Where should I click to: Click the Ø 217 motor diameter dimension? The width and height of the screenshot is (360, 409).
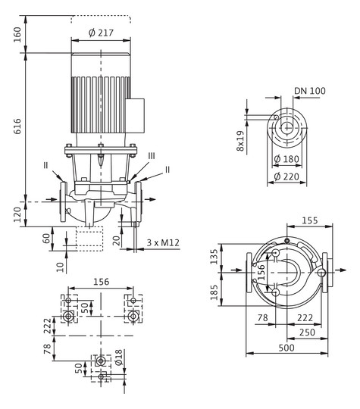(101, 33)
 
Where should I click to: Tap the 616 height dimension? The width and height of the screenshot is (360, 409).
(17, 126)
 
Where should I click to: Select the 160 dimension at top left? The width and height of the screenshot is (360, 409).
(17, 34)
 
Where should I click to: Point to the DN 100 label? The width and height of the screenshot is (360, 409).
(310, 91)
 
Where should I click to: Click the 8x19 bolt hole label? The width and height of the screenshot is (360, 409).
(240, 141)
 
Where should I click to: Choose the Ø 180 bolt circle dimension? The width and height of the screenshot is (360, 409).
(286, 159)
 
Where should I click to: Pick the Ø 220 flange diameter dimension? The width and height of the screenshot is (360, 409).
(286, 176)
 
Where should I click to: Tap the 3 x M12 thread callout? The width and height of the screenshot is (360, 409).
(163, 242)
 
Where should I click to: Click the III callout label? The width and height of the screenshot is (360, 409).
(152, 156)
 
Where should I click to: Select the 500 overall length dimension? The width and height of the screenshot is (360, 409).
(286, 348)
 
